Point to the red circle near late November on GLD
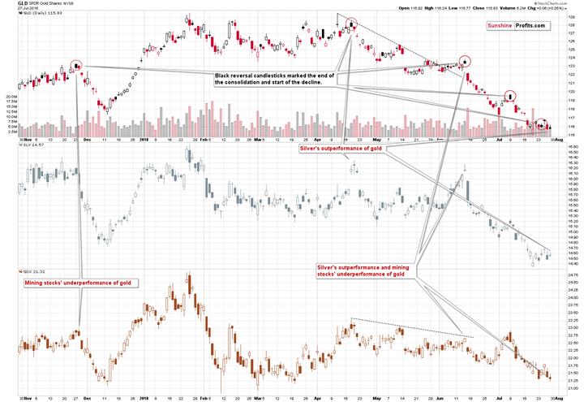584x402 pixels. pyautogui.click(x=77, y=64)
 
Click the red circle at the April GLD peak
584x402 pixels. pyautogui.click(x=351, y=24)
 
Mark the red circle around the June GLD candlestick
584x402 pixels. pyautogui.click(x=465, y=60)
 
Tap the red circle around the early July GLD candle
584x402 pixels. pyautogui.click(x=510, y=95)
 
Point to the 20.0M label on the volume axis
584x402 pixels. pyautogui.click(x=9, y=96)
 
